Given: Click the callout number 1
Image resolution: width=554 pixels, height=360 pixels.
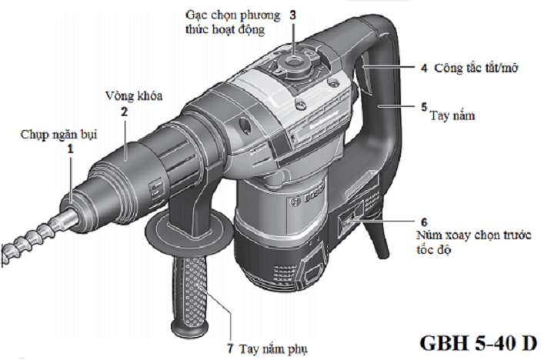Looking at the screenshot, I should pos(71,148).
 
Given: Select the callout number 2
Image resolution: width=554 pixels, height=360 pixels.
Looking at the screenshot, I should pos(123,111).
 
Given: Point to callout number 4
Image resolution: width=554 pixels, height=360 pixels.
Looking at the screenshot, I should pos(423,68).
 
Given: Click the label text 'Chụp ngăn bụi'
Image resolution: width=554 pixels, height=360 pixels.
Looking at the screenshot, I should pos(60,135).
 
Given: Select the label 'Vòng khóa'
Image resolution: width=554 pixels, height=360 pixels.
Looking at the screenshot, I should pos(132,97).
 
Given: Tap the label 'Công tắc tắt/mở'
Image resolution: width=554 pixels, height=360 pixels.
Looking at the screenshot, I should pos(476,68).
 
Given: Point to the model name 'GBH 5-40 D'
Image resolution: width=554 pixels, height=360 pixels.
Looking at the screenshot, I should pos(479,342).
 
